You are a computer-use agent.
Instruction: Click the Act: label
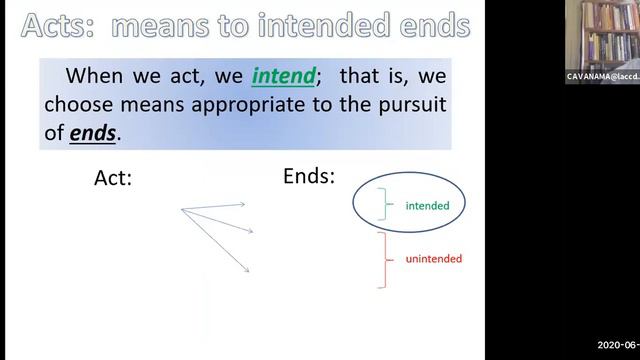coord(113,178)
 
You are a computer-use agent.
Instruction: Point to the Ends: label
coord(309,176)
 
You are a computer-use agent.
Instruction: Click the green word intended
coord(427,206)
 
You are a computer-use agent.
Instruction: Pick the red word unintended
coord(433,259)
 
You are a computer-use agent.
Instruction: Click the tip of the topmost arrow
coord(245,204)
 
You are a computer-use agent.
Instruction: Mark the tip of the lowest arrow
coord(248,270)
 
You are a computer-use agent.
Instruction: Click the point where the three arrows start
coord(181,209)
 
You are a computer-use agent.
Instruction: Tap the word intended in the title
coord(327,25)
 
